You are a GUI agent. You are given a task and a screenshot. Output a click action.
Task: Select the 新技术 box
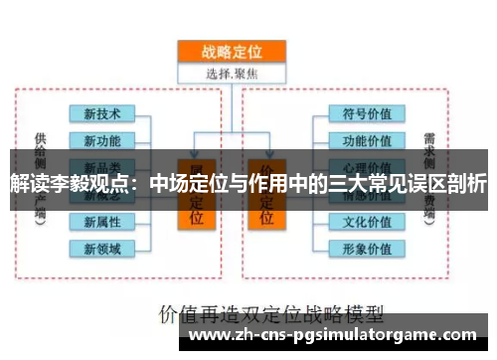point(102,113)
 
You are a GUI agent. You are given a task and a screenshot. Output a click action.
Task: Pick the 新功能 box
point(102,139)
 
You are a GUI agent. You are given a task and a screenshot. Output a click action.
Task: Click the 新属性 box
point(102,221)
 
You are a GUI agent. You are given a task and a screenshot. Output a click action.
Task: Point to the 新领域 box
point(102,248)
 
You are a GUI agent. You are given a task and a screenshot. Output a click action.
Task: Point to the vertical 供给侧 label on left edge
point(39,149)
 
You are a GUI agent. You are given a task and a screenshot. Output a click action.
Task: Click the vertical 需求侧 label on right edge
point(428,149)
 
